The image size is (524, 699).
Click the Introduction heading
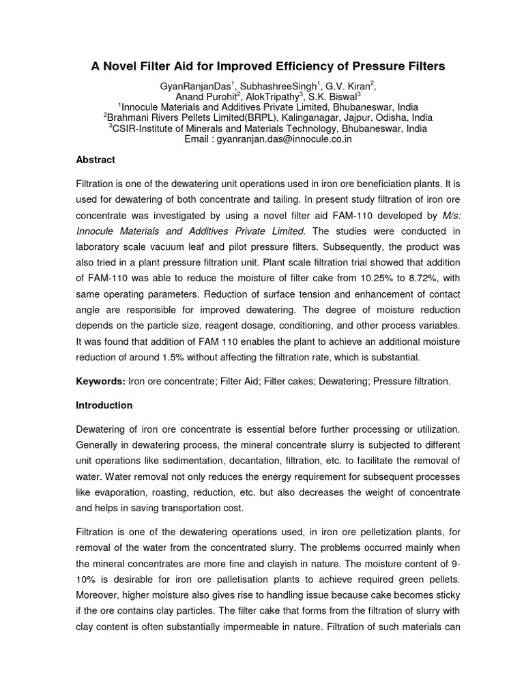104,405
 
